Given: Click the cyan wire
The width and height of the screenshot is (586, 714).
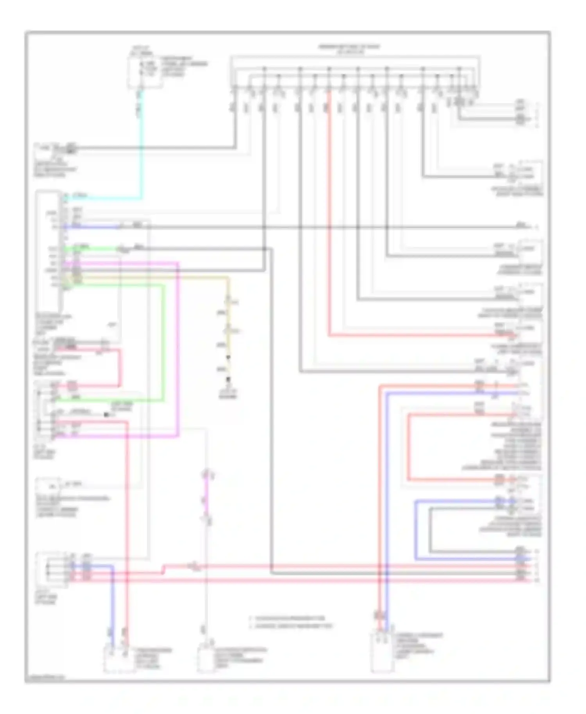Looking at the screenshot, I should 141,156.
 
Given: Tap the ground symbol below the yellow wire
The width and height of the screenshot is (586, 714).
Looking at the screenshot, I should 229,380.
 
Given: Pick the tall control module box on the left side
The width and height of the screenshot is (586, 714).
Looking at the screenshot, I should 48,250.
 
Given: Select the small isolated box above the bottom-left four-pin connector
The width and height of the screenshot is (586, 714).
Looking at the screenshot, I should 48,486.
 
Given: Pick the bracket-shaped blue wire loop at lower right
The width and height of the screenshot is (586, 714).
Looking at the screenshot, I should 415,531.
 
